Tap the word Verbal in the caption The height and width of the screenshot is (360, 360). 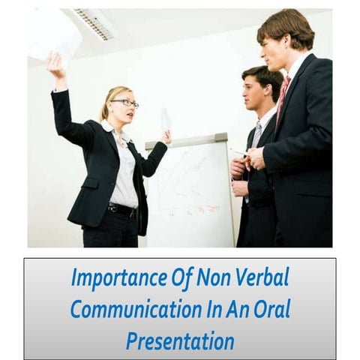[263, 277]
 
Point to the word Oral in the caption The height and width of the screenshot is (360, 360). [271, 309]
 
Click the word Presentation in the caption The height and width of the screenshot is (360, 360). [180, 340]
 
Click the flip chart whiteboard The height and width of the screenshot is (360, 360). [191, 195]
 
